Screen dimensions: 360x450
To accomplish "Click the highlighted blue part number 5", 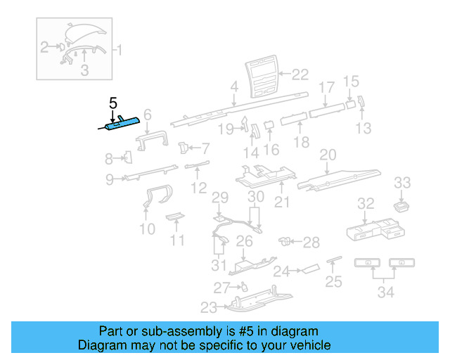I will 121,125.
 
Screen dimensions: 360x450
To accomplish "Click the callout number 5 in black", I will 112,103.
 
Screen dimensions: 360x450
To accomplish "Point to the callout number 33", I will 402,183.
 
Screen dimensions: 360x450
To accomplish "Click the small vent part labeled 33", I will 401,205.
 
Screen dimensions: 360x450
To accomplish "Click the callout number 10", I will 147,229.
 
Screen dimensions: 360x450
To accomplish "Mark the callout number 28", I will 311,242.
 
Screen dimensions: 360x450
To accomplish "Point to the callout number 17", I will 327,88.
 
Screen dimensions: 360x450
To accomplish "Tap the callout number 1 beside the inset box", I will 119,50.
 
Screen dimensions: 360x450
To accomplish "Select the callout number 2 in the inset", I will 44,47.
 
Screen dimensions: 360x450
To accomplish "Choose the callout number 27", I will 221,287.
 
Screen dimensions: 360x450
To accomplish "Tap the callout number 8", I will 109,158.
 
